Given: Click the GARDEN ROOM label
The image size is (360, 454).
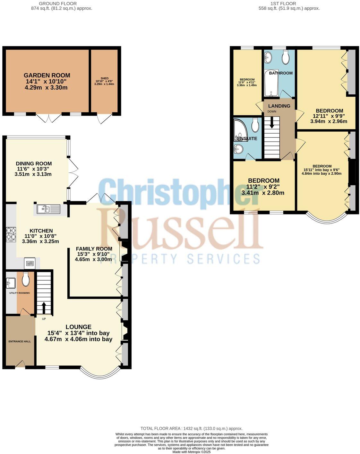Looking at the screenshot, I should [x=46, y=75].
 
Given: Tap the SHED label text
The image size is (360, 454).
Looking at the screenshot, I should [x=104, y=78].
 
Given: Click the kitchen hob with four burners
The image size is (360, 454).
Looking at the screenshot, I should [x=11, y=234].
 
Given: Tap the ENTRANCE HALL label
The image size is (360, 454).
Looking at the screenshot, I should [x=20, y=341].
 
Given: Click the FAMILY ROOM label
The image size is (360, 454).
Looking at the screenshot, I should [x=94, y=249].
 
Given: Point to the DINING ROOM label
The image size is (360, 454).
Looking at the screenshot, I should [x=34, y=163].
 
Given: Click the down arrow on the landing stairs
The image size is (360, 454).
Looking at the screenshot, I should [x=272, y=122].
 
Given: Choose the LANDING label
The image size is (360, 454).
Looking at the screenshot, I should [x=279, y=106].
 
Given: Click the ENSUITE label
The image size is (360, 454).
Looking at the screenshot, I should [x=247, y=139].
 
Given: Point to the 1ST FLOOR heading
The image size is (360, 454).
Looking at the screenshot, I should [x=279, y=4].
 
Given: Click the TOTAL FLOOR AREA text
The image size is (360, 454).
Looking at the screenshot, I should [x=191, y=428].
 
